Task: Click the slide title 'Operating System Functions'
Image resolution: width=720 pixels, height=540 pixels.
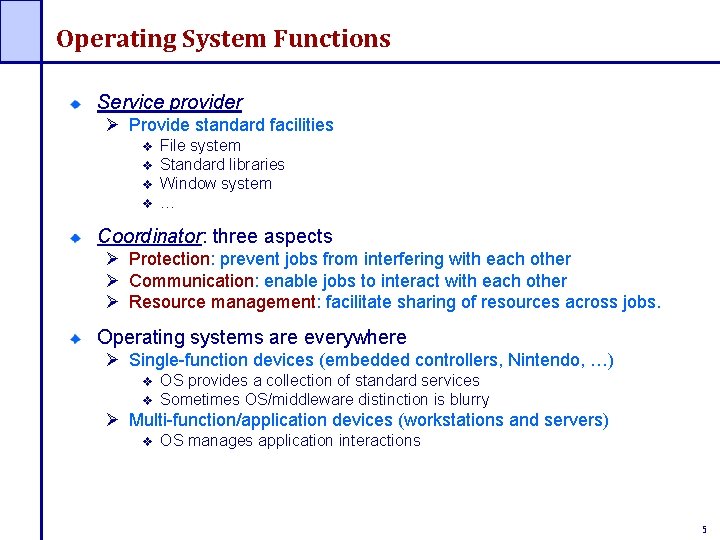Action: (223, 39)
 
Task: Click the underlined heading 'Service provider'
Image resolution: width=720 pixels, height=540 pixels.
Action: (169, 102)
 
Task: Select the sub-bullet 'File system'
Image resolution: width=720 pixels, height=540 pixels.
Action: (200, 146)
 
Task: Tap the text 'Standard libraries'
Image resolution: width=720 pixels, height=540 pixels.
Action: (222, 164)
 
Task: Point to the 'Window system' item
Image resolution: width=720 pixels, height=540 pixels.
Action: (215, 183)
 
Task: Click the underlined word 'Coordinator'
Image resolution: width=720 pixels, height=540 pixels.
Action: (149, 237)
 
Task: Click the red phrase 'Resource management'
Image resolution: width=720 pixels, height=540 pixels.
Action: (222, 302)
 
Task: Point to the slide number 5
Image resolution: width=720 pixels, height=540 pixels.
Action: (704, 529)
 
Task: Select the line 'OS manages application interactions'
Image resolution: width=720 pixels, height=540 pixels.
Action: (290, 441)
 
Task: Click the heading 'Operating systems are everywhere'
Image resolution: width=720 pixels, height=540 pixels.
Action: (251, 337)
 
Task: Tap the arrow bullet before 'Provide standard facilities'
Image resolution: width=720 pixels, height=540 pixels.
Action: (113, 125)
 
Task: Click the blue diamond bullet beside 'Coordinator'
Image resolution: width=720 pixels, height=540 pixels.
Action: (74, 238)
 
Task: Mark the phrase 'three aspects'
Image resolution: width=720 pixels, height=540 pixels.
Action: (272, 237)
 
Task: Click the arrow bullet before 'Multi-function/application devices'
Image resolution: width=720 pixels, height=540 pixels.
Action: (113, 420)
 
